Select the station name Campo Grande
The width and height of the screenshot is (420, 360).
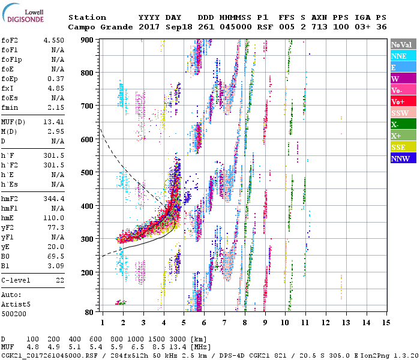(97, 28)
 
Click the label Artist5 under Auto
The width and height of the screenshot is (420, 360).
(16, 304)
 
